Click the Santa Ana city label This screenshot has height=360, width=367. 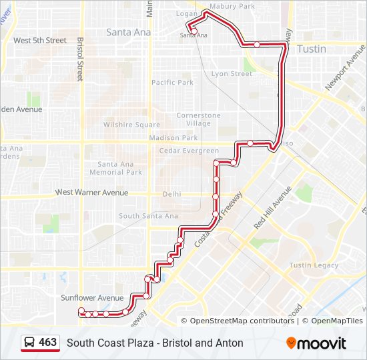click(129, 32)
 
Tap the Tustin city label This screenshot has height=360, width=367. click(312, 49)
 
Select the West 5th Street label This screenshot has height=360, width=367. click(40, 41)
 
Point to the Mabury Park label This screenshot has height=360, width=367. click(232, 7)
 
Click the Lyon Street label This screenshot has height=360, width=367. click(232, 74)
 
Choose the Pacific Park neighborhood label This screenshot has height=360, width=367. click(172, 83)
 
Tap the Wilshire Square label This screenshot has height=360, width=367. click(131, 125)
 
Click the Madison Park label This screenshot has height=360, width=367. click(173, 138)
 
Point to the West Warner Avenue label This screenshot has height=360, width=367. click(91, 193)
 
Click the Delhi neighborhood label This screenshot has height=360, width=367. click(171, 195)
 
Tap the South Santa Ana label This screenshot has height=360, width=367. click(148, 216)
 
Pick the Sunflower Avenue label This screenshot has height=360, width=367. click(92, 298)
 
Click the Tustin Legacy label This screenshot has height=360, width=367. click(314, 265)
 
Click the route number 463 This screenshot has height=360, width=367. click(47, 343)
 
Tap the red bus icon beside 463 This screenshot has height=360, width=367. click(30, 343)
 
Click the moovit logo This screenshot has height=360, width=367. click(316, 343)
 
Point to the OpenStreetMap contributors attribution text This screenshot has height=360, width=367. click(242, 321)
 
